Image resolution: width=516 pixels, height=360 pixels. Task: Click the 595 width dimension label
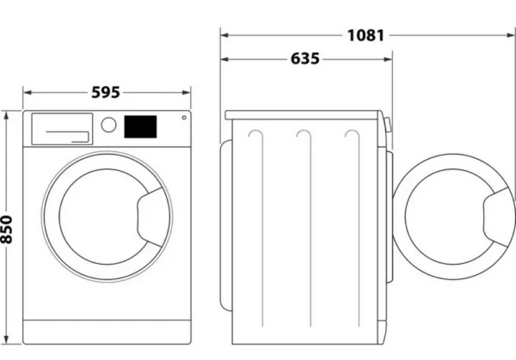tap(106, 93)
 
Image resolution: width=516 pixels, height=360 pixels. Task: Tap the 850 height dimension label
tap(7, 229)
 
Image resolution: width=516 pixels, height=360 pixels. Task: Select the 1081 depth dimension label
tap(365, 35)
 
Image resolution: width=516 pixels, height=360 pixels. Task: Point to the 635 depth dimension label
tap(305, 58)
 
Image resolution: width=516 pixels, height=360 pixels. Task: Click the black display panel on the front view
tap(140, 126)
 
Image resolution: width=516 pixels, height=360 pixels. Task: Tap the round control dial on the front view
tap(108, 125)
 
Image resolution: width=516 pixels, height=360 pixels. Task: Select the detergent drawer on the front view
tap(62, 129)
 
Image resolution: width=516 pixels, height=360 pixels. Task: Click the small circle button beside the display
tap(184, 118)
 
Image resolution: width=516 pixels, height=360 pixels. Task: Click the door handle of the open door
tap(499, 217)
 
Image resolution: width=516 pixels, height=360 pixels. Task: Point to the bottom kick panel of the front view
tap(107, 332)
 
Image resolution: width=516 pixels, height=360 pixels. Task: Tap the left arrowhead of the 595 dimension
tap(28, 93)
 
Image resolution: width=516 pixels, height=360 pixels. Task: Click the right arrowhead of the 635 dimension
tap(389, 59)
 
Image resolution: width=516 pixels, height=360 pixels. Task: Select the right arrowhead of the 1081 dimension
tap(511, 35)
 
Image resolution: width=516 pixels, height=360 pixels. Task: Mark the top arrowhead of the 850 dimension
tap(7, 115)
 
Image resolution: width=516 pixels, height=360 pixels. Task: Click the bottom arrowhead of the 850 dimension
tap(7, 340)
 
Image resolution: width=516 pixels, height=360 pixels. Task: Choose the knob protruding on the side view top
tap(388, 125)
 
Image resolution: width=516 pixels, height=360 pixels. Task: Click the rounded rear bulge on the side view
tap(226, 226)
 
